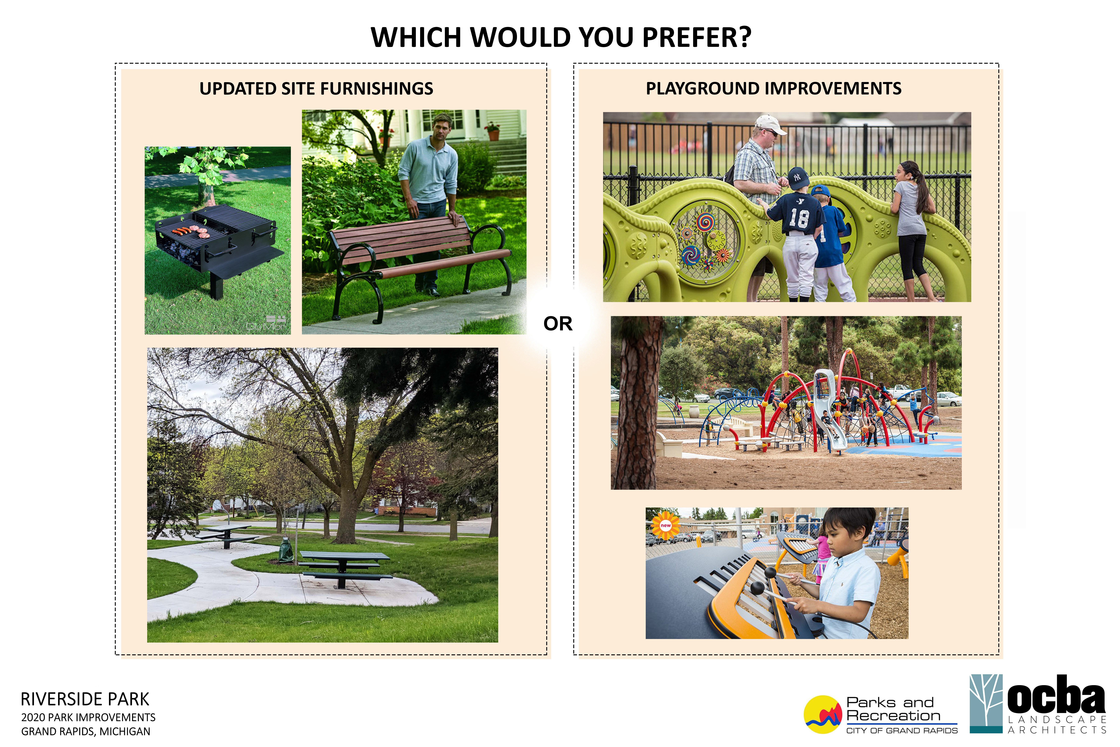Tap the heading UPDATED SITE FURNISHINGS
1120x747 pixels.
tap(316, 89)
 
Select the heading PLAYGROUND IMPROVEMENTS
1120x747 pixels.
tap(773, 89)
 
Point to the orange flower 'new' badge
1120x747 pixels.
tap(665, 526)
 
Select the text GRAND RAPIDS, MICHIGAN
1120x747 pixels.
tap(86, 731)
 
